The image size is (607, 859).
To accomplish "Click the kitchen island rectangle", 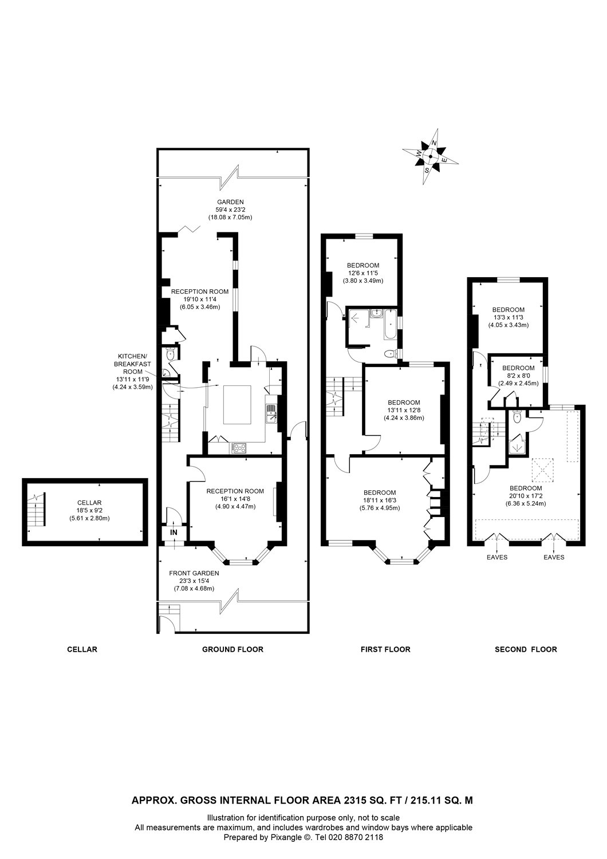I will pyautogui.click(x=237, y=405).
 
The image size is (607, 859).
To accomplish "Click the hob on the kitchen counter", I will pyautogui.click(x=238, y=448).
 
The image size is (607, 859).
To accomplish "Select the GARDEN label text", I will pyautogui.click(x=230, y=202).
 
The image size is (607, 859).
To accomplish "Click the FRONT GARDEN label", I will pyautogui.click(x=194, y=573).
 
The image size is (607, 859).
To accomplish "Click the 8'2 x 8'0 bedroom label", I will pyautogui.click(x=518, y=376).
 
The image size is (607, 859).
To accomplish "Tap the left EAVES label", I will pyautogui.click(x=496, y=557).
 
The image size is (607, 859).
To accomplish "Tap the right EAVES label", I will pyautogui.click(x=554, y=557).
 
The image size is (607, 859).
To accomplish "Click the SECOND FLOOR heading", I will pyautogui.click(x=526, y=649).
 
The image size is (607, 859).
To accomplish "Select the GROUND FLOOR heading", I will pyautogui.click(x=232, y=649).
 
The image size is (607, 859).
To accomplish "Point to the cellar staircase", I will pyautogui.click(x=37, y=510).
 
